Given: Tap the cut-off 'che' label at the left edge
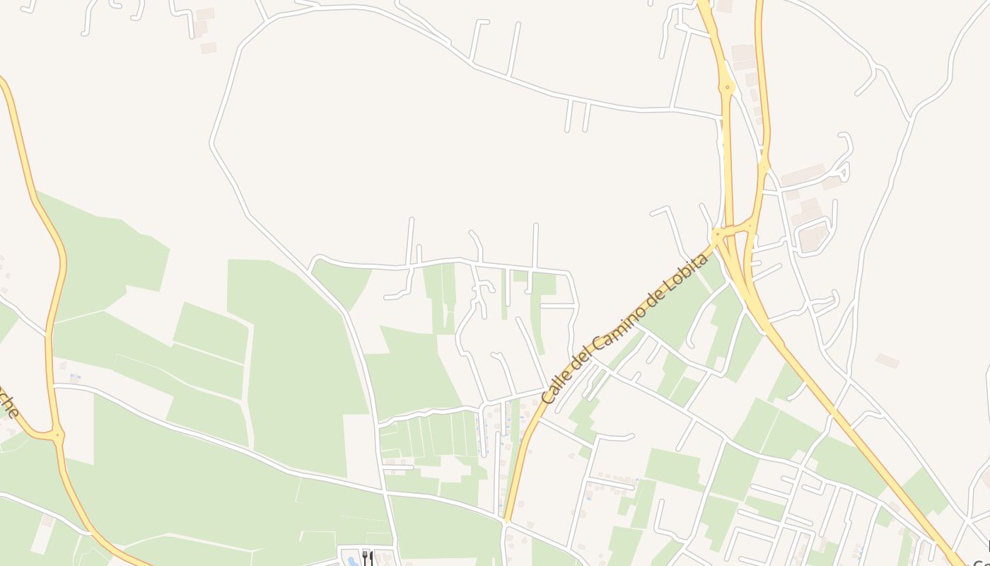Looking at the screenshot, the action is click(x=9, y=404).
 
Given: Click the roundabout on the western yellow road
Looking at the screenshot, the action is click(x=57, y=434).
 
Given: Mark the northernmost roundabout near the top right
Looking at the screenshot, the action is click(x=727, y=88).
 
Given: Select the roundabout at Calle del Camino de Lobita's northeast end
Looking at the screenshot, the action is click(x=717, y=233).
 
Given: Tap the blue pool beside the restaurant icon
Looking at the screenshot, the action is click(x=353, y=562).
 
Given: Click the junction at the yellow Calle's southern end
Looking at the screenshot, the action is click(x=506, y=521).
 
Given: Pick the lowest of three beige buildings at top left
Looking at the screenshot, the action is click(x=208, y=47).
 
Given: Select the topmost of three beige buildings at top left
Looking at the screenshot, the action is click(x=205, y=14).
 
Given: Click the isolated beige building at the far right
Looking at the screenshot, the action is click(x=887, y=361).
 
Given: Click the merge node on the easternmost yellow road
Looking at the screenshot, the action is click(x=764, y=167).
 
